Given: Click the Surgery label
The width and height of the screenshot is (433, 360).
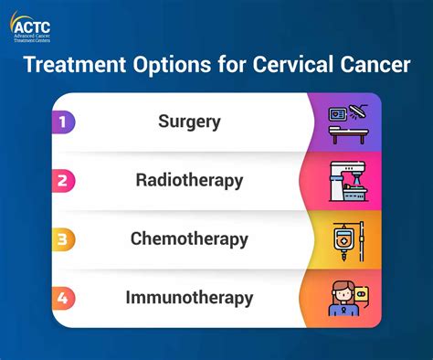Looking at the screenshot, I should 189,121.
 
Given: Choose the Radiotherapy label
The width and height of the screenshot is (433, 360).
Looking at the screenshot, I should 189,180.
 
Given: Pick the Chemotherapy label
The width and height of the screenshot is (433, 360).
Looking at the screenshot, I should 189,239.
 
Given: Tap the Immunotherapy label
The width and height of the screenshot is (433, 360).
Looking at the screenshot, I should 189,298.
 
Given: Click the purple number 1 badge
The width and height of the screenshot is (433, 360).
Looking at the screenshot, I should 62,121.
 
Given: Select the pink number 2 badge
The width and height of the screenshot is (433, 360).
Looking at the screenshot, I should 62,180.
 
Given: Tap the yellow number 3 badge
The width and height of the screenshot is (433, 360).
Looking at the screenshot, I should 62,239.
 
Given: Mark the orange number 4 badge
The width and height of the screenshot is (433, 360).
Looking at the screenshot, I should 62,298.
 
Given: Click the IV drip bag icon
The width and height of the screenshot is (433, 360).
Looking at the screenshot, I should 347,239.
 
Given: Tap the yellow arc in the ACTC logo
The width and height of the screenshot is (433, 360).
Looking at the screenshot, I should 12,19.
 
